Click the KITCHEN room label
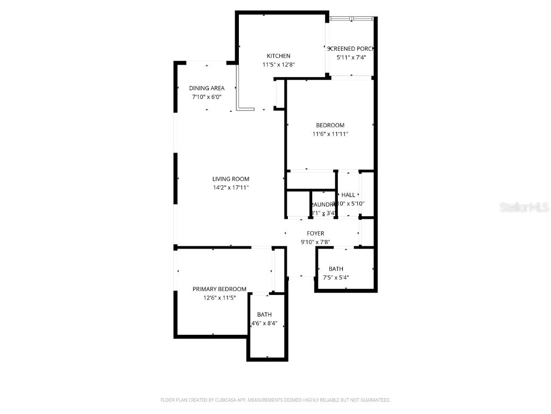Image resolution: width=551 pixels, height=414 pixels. (x=278, y=56)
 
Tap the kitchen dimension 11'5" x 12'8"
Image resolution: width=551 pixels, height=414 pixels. (x=278, y=65)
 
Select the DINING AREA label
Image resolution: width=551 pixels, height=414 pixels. (x=207, y=88)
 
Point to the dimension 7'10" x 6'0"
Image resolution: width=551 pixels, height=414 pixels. (x=207, y=97)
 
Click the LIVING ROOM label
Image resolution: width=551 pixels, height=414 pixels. (x=230, y=179)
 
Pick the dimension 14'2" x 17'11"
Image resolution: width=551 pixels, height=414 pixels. (x=230, y=188)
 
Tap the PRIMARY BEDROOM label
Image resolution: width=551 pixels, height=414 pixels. (x=220, y=289)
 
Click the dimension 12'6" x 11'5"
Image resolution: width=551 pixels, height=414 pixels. (x=220, y=298)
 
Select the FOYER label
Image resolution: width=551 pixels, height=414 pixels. (x=315, y=233)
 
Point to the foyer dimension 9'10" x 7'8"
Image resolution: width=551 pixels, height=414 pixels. (x=315, y=242)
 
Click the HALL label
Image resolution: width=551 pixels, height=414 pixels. (x=348, y=195)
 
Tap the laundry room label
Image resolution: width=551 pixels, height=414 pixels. (x=323, y=204)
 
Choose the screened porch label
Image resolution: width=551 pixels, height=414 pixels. (x=350, y=49)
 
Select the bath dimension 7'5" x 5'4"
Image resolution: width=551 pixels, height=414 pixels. (x=336, y=278)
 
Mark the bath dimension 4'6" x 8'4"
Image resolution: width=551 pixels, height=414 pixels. (x=264, y=323)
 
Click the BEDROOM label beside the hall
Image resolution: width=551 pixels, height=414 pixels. (x=330, y=126)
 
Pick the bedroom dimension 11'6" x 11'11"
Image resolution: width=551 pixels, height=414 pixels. (x=330, y=134)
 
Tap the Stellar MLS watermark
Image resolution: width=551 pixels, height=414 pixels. (x=524, y=208)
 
